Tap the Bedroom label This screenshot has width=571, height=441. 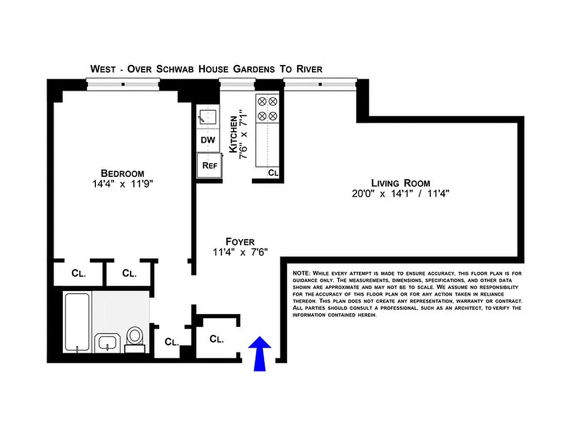click(x=122, y=173)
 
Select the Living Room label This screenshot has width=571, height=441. click(x=400, y=183)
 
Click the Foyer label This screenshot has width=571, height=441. click(x=240, y=242)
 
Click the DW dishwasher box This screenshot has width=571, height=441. click(x=208, y=140)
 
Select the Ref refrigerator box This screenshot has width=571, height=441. click(x=208, y=165)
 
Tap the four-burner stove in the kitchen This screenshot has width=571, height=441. click(x=267, y=109)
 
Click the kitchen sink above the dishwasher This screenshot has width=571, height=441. click(x=208, y=117)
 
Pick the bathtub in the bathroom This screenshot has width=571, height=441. click(x=77, y=322)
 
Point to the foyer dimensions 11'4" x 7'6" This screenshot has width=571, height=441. click(x=240, y=253)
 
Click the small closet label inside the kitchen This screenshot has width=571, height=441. click(x=273, y=173)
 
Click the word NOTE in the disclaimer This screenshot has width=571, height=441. click(x=301, y=273)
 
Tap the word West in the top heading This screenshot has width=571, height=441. click(x=104, y=69)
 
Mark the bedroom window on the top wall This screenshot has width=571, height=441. click(x=123, y=84)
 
